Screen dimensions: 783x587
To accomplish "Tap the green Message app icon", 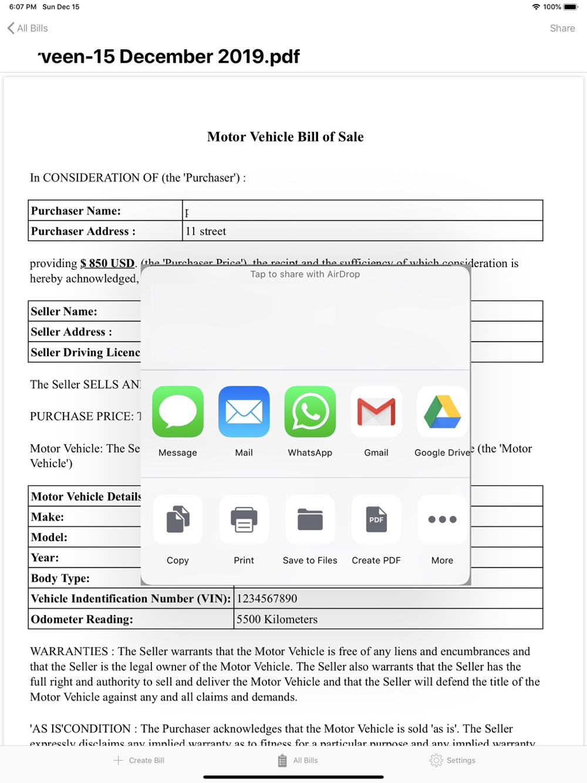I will click(178, 411).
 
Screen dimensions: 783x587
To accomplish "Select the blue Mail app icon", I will click(244, 411).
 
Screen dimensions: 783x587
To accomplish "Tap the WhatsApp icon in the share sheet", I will click(310, 411).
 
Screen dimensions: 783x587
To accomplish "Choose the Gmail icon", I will click(376, 411).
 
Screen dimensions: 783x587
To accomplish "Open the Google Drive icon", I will click(442, 411).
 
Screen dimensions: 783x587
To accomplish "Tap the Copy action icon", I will click(178, 519).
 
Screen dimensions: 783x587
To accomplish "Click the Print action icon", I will click(244, 519).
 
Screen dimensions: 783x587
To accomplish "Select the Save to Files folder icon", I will click(310, 519).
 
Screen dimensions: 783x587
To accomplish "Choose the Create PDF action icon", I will click(376, 519).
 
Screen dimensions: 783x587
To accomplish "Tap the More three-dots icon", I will click(442, 519).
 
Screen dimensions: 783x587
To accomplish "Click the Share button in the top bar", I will click(562, 28).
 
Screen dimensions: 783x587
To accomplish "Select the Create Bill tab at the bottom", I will click(139, 760).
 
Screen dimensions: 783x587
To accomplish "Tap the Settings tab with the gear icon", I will click(453, 760).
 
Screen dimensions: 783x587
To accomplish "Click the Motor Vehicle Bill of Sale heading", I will click(285, 137).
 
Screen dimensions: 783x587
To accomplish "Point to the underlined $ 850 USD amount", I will click(107, 264).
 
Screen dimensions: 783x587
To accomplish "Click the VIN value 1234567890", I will click(267, 599).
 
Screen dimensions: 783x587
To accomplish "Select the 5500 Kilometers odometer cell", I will click(277, 619).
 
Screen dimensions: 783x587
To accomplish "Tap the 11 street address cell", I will click(206, 231).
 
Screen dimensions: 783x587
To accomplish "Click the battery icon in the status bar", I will click(571, 7).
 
